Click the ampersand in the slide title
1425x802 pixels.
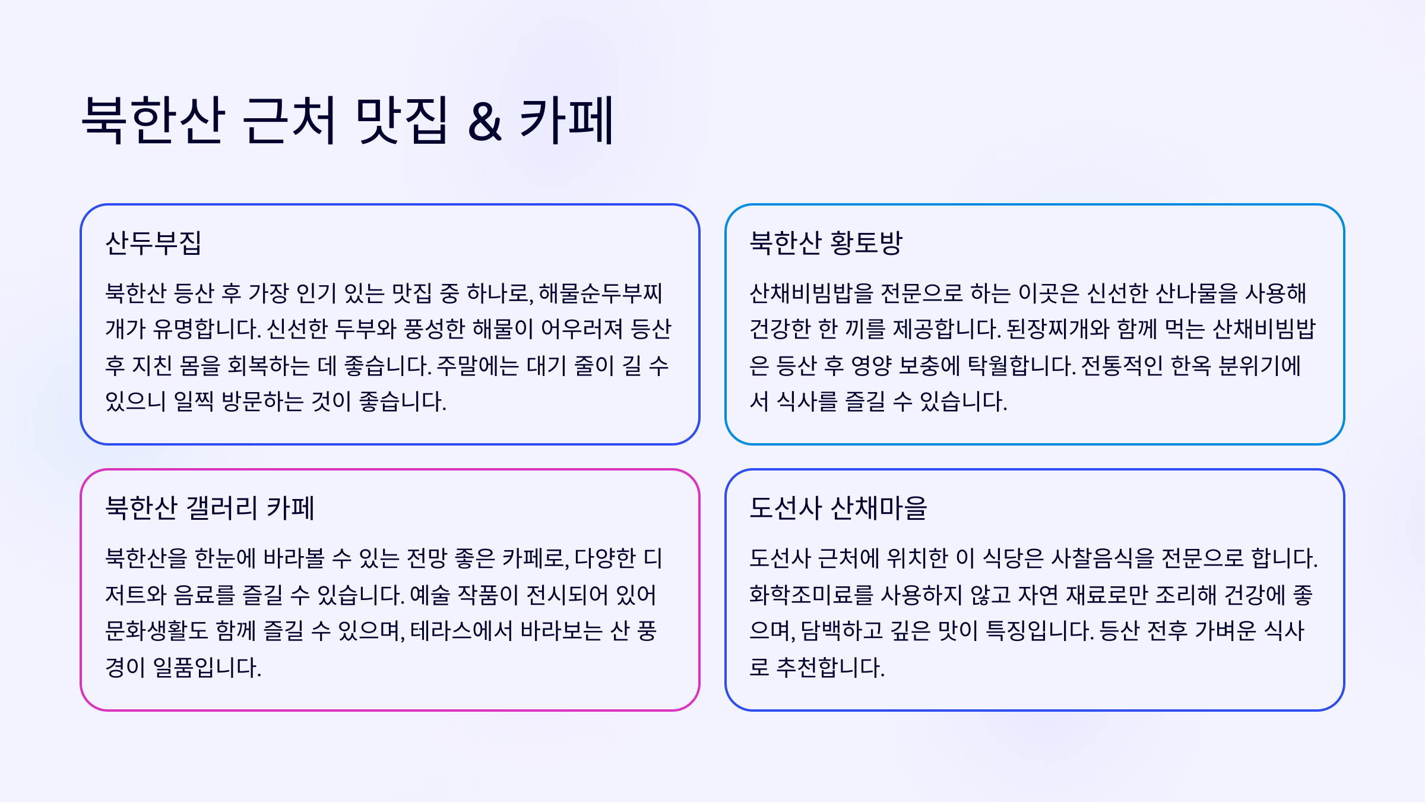click(484, 122)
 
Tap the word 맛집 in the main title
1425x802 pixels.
click(401, 120)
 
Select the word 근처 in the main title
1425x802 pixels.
click(290, 120)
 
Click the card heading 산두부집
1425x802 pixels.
click(153, 243)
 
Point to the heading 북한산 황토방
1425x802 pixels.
click(826, 243)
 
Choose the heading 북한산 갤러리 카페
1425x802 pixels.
click(210, 509)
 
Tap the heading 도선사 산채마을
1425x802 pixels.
click(838, 509)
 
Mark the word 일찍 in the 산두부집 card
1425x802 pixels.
click(194, 402)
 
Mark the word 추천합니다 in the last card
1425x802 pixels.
click(830, 668)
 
